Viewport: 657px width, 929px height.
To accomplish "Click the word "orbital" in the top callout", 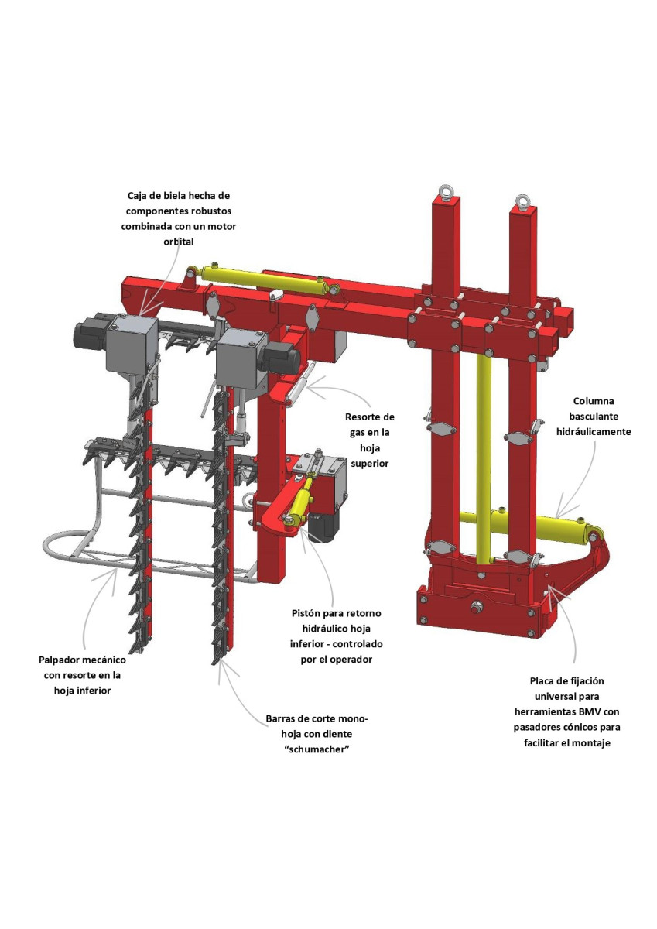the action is (179, 242).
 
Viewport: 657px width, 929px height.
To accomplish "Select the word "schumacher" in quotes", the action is (317, 749).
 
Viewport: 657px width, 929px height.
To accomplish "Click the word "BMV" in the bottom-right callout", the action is (589, 711).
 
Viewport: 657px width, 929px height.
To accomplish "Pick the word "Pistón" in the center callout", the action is (307, 613).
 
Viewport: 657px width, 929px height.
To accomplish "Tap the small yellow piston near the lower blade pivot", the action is (302, 501).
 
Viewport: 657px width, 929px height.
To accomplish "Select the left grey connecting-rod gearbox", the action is (132, 343).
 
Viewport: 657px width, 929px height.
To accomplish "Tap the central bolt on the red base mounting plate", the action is (476, 609).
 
